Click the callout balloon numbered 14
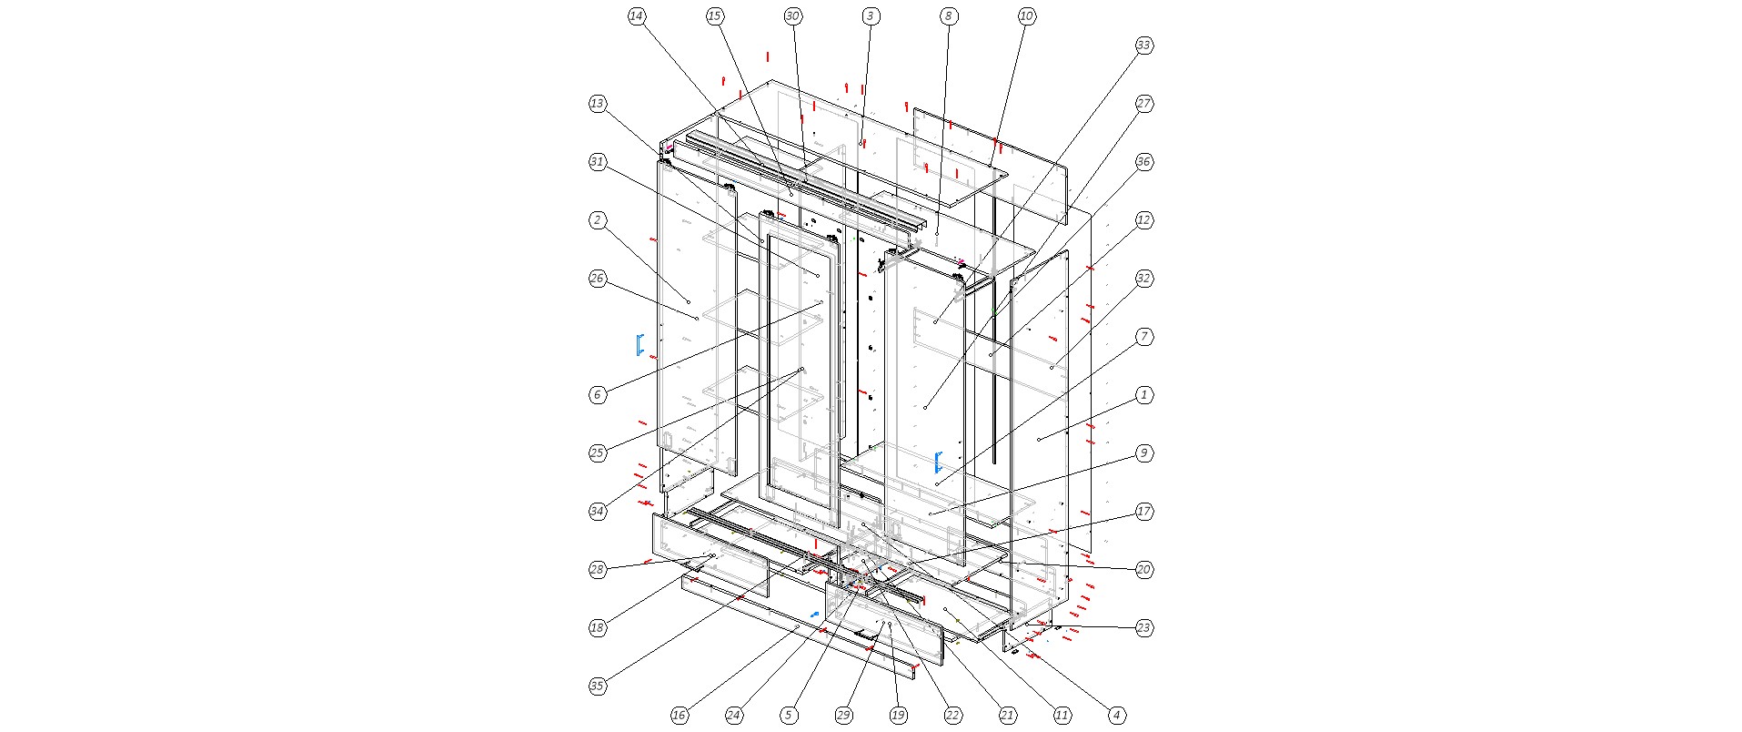[x=637, y=16]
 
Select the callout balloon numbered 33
[x=1144, y=46]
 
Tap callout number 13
[x=598, y=104]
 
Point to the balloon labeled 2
[x=598, y=220]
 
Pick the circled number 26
[x=598, y=279]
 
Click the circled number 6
[x=598, y=395]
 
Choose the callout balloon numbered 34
[x=598, y=512]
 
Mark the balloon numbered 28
[x=598, y=570]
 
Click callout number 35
[x=598, y=686]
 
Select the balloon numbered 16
[x=680, y=716]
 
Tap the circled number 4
[x=1117, y=716]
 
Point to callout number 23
[x=1144, y=628]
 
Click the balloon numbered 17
[x=1144, y=512]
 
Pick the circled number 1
[x=1144, y=395]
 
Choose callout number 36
[x=1144, y=162]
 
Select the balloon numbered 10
[x=1027, y=16]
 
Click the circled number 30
[x=793, y=16]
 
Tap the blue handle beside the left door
[x=639, y=344]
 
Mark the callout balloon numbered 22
[x=952, y=716]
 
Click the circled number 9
[x=1144, y=453]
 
